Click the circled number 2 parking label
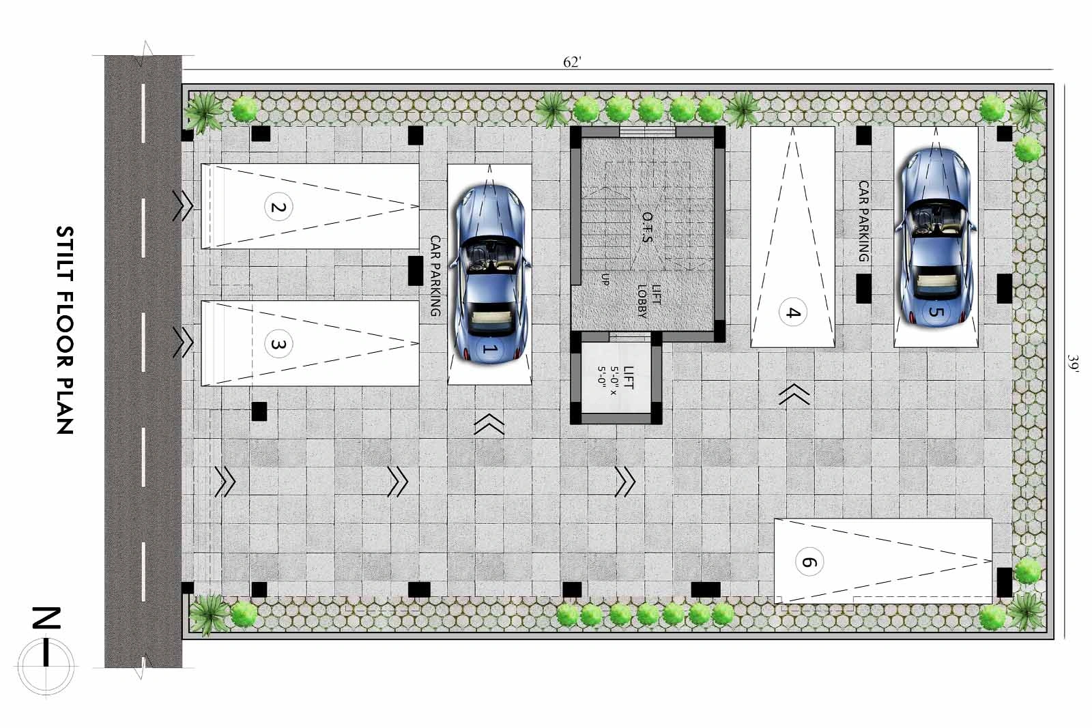tap(278, 207)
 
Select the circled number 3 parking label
tap(278, 344)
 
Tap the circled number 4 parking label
tap(792, 312)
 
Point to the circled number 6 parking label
tap(809, 562)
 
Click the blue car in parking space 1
tap(489, 274)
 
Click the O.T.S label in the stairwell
tap(647, 227)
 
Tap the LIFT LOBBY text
tap(649, 301)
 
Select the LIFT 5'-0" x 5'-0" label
tap(615, 377)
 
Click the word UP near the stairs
tap(605, 279)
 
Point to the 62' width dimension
tap(573, 62)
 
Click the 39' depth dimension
tap(1072, 363)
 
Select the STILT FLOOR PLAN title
tap(65, 330)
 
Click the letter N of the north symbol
tap(46, 618)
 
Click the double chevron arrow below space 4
tap(794, 394)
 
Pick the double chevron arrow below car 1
tap(489, 424)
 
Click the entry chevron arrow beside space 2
tap(183, 206)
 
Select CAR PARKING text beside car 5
tap(863, 221)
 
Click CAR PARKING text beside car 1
tap(435, 276)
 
